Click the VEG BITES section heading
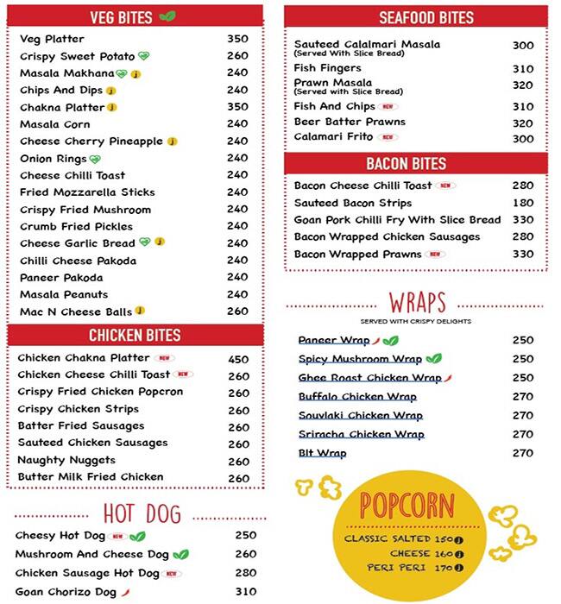click(121, 17)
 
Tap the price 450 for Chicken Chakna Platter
click(238, 359)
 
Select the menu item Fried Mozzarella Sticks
click(86, 192)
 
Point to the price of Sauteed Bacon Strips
click(523, 203)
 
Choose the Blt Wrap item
click(322, 453)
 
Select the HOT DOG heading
click(142, 514)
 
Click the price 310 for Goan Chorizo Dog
click(245, 592)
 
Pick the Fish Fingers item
click(327, 68)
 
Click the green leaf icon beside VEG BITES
click(167, 16)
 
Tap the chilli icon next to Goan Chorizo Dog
click(126, 592)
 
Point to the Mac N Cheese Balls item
click(75, 311)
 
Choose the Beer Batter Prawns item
click(349, 123)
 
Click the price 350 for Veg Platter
click(237, 39)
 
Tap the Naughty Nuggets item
click(66, 460)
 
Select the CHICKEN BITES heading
click(135, 336)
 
